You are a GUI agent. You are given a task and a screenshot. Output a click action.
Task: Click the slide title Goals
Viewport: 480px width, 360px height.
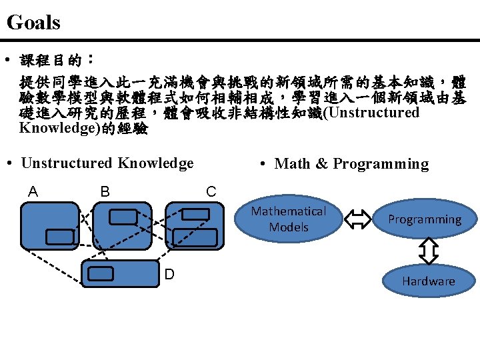coord(33,23)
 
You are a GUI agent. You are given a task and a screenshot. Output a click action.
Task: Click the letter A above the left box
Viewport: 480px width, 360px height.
coord(33,192)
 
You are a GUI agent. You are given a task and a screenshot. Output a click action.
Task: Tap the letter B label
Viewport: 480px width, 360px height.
coord(105,192)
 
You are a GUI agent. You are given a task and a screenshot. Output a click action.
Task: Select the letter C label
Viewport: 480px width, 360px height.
coord(211,192)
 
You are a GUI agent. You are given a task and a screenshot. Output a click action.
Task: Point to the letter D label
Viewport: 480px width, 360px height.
coord(170,275)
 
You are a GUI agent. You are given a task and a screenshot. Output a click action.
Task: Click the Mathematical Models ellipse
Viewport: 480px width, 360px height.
coord(289,219)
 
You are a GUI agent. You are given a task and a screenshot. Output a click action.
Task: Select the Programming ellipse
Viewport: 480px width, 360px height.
coord(425,219)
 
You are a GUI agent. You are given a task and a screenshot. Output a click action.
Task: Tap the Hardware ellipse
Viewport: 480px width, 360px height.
coord(429,281)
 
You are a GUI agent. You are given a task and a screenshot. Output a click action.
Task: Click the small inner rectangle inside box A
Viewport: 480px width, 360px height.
coord(59,236)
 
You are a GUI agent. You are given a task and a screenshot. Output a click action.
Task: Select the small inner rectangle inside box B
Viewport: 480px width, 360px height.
coord(122,216)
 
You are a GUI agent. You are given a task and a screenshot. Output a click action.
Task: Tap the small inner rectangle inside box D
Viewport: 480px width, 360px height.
coord(101,273)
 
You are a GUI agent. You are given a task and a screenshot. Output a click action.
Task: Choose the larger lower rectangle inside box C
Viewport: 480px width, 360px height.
coord(195,237)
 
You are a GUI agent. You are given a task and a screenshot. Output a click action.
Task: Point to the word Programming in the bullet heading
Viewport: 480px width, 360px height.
coord(381,164)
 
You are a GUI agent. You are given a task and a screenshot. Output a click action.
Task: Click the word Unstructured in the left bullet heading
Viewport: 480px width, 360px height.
coord(67,163)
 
